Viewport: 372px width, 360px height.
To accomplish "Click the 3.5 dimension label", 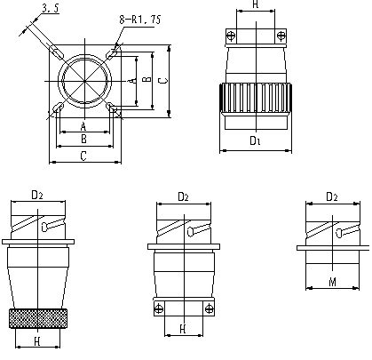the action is click(x=51, y=8).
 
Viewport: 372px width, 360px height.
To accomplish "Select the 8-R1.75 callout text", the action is click(x=140, y=20).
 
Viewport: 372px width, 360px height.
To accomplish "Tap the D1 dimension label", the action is click(x=255, y=140).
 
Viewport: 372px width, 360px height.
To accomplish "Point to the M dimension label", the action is click(x=333, y=282).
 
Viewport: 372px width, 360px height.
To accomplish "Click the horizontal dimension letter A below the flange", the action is click(x=83, y=126).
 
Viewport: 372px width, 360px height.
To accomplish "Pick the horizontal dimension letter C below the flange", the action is click(x=83, y=156).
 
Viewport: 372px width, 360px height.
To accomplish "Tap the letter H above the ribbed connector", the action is click(x=256, y=4).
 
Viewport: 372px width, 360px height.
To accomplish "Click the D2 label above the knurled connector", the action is click(x=37, y=195).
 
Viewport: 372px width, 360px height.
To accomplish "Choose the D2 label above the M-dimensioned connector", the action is click(x=332, y=196).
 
